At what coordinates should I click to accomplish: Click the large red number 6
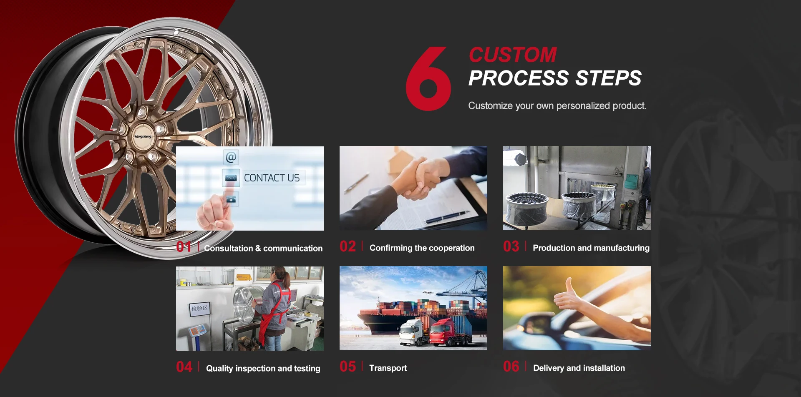(428, 79)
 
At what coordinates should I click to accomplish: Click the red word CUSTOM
(513, 55)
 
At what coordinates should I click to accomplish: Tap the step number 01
(184, 247)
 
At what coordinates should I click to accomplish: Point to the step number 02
(348, 246)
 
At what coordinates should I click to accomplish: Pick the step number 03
(511, 246)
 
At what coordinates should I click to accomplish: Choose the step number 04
(184, 367)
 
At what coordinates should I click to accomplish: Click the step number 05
(348, 367)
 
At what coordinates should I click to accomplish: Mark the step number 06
(511, 367)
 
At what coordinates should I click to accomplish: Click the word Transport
(388, 368)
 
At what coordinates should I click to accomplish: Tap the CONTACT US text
(272, 178)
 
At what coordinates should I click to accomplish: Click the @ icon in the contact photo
(231, 157)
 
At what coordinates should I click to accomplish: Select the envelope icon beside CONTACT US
(231, 178)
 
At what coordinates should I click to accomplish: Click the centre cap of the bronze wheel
(143, 136)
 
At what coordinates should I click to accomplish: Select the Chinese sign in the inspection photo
(199, 309)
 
